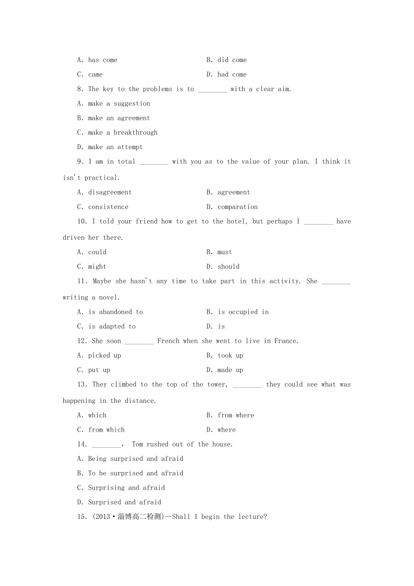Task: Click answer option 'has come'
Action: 102,60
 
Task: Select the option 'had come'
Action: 232,75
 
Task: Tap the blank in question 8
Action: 212,89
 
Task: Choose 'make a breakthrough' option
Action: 122,133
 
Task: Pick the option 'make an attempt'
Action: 115,147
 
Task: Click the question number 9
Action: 81,162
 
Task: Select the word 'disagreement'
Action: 109,192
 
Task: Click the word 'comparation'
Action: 238,207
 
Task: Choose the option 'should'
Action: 228,267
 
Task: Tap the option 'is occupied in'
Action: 243,312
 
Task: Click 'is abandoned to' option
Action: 115,312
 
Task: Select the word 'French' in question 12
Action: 168,341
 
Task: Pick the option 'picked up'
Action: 105,356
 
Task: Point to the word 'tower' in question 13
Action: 217,385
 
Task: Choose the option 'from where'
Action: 235,416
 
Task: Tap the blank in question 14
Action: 106,445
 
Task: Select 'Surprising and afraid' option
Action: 126,488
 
